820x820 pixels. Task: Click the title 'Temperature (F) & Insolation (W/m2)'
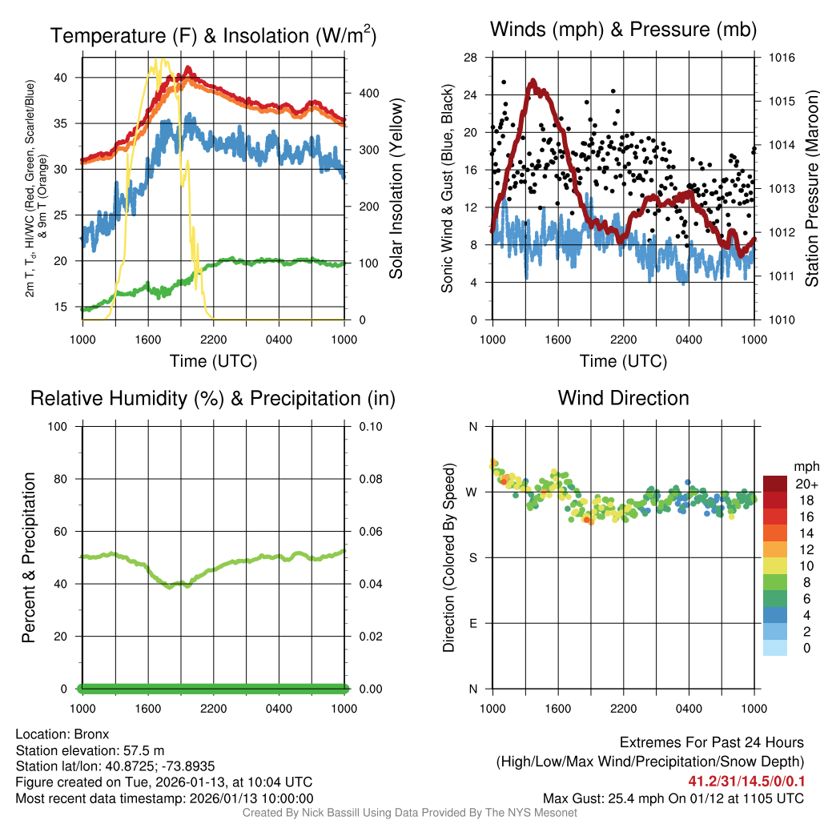[x=213, y=36]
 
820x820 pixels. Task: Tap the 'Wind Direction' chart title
[x=623, y=398]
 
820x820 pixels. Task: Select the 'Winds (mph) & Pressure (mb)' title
[x=623, y=30]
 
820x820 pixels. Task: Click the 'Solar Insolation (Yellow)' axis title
[x=396, y=188]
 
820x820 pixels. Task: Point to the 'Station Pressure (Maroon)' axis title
[x=810, y=188]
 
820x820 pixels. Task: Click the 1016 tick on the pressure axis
[x=781, y=58]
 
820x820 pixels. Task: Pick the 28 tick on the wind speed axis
[x=471, y=58]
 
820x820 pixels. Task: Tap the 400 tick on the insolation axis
[x=359, y=93]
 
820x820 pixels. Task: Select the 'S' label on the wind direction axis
[x=473, y=557]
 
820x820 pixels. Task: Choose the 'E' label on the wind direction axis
[x=473, y=623]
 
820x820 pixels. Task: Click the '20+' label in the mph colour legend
[x=806, y=484]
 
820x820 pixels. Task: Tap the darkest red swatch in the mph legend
[x=775, y=484]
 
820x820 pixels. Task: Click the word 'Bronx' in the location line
[x=91, y=734]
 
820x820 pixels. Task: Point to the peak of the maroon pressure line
[x=533, y=81]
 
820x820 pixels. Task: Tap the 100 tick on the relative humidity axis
[x=61, y=426]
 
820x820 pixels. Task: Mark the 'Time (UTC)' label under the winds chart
[x=623, y=361]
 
